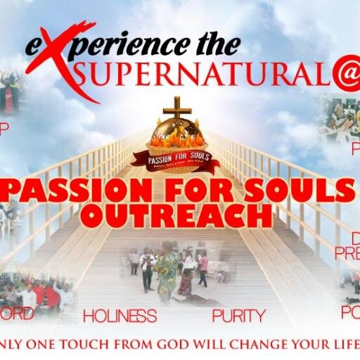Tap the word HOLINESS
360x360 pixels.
click(x=120, y=316)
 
